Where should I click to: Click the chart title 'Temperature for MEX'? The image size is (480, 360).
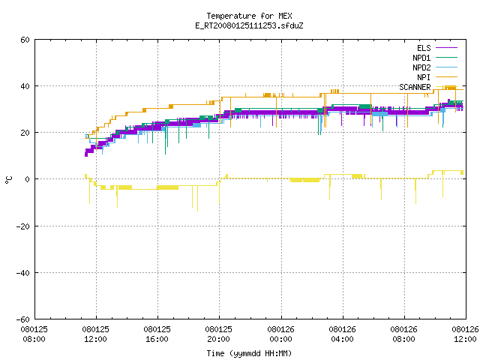pos(249,16)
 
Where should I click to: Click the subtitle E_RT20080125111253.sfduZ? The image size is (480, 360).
pos(249,25)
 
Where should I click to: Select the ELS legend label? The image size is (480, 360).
pos(424,48)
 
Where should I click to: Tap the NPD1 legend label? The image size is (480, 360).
pos(421,58)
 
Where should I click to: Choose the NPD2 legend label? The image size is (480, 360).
pos(421,67)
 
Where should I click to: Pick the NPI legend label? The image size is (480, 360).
pos(424,77)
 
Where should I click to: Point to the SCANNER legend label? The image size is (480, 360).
pos(415,87)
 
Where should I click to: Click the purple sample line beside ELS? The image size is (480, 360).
pos(446,48)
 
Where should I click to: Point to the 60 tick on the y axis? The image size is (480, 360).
pos(25,40)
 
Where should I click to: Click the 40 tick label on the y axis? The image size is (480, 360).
pos(25,86)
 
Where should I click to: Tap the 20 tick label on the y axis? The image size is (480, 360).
pos(25,133)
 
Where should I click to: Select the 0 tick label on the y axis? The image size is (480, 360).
pos(27,179)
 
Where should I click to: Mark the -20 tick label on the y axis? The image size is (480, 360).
pos(23,226)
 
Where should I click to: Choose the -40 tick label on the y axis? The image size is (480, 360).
pos(23,273)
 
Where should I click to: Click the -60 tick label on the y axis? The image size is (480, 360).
pos(23,319)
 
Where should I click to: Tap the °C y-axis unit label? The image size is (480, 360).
pos(8,180)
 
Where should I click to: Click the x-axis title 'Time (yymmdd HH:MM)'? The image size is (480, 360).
pos(249,353)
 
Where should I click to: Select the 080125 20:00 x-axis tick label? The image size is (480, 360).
pos(218,334)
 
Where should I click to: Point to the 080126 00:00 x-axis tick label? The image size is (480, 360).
pos(280,334)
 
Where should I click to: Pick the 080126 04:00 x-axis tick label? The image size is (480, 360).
pos(342,334)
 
